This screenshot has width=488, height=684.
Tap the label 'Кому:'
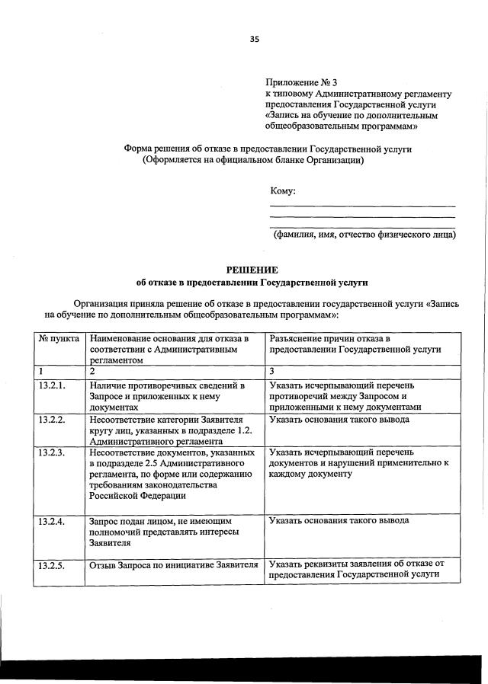pyautogui.click(x=283, y=190)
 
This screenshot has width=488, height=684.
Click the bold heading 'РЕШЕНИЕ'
pyautogui.click(x=252, y=270)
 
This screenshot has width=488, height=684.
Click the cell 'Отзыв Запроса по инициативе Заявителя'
pyautogui.click(x=174, y=565)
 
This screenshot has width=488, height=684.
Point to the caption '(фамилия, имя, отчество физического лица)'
pyautogui.click(x=364, y=235)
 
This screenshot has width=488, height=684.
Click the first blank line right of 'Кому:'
pyautogui.click(x=363, y=205)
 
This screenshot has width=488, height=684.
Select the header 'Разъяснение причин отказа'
pyautogui.click(x=355, y=343)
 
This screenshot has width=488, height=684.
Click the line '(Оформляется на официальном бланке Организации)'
pyautogui.click(x=252, y=161)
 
